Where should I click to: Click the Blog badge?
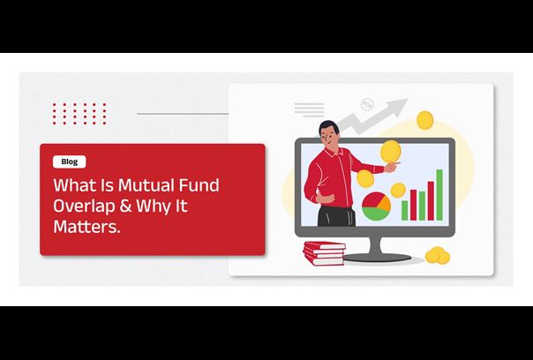click(x=70, y=161)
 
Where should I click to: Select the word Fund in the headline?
click(x=199, y=185)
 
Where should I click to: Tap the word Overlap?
click(x=84, y=206)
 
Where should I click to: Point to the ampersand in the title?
click(x=125, y=206)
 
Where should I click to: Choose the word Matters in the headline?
click(x=86, y=227)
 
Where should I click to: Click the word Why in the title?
click(x=153, y=206)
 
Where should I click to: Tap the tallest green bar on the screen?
click(x=439, y=195)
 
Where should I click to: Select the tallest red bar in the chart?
click(x=431, y=200)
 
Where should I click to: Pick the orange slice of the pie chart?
click(x=385, y=203)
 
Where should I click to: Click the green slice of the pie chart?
click(x=375, y=214)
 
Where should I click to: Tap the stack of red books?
click(x=324, y=253)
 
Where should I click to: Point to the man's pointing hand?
click(x=392, y=167)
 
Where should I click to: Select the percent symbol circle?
click(x=367, y=104)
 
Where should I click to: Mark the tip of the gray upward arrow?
click(x=407, y=99)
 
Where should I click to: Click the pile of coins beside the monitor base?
click(x=438, y=256)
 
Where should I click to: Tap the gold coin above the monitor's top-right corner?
click(x=425, y=120)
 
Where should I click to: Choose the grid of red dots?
click(x=79, y=114)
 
